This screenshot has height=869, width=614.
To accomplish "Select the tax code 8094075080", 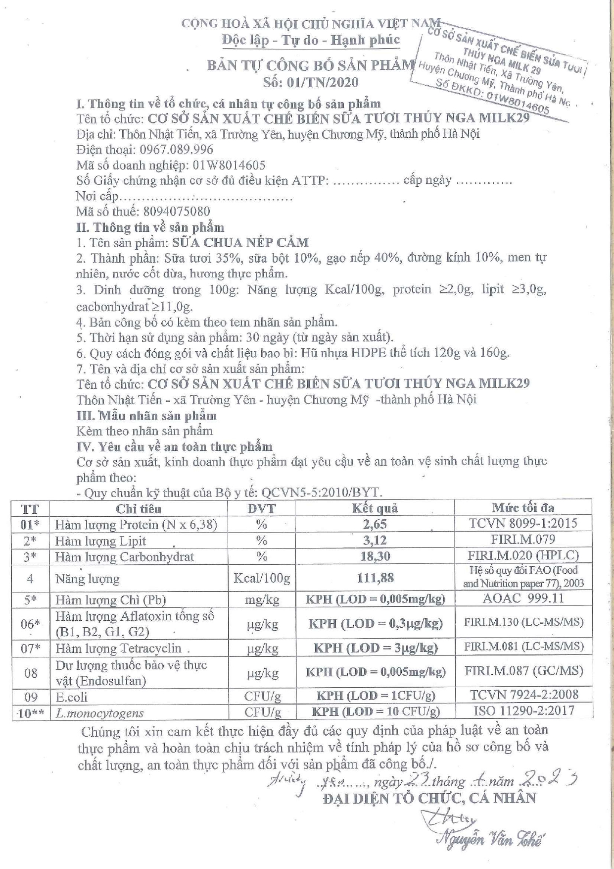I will (176, 212).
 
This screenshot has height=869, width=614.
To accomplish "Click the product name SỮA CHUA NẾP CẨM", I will (240, 243).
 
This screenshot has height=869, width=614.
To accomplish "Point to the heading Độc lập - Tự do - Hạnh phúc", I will (310, 40).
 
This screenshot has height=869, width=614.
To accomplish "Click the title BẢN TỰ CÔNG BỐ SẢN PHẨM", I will (310, 65).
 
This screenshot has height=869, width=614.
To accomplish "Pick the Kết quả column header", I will (375, 508).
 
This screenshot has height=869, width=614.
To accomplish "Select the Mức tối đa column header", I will (523, 507).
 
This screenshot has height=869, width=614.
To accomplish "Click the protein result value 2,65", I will (375, 524).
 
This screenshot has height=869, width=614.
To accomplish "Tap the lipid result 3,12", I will (375, 541).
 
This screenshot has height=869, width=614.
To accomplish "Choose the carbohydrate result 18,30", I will (375, 556).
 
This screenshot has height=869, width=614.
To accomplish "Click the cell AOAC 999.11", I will (523, 598).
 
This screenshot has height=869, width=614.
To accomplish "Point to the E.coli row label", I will (71, 697).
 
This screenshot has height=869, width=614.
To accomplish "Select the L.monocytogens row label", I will (99, 713).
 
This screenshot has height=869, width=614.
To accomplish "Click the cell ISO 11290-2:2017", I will (524, 711).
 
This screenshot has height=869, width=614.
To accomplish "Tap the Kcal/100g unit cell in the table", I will (261, 578).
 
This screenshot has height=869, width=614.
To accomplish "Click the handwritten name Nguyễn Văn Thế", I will (490, 839).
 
